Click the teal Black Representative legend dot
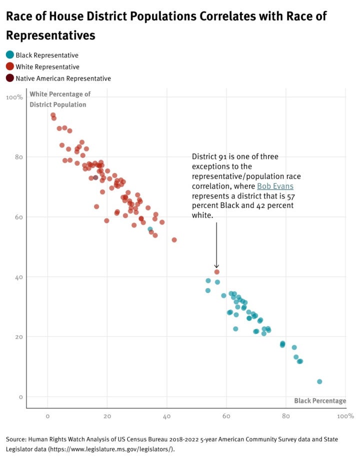[x=9, y=55]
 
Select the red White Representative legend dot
[x=9, y=66]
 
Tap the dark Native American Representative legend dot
[x=9, y=78]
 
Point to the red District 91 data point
[x=216, y=272]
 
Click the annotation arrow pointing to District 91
[x=216, y=245]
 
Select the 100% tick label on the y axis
[x=14, y=97]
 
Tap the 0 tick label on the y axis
[x=20, y=397]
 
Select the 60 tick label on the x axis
[x=226, y=416]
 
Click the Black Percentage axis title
[x=320, y=401]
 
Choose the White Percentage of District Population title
[x=59, y=99]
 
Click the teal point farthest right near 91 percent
[x=319, y=381]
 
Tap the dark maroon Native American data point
[x=95, y=177]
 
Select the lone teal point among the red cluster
[x=150, y=229]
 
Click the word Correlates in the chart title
[x=226, y=16]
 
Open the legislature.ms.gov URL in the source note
[x=121, y=449]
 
